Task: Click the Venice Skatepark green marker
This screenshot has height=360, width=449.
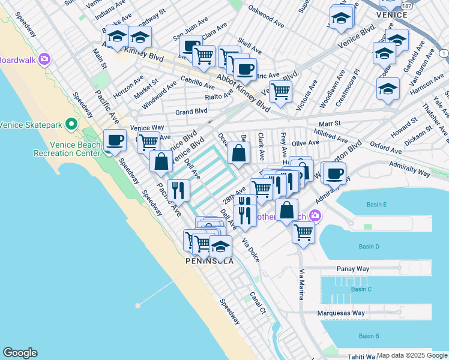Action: pyautogui.click(x=71, y=125)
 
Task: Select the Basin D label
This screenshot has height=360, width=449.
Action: pyautogui.click(x=369, y=247)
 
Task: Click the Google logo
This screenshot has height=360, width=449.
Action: pyautogui.click(x=20, y=353)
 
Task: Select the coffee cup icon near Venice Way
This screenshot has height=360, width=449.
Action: pyautogui.click(x=115, y=141)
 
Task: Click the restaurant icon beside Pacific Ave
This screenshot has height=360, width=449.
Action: pyautogui.click(x=179, y=191)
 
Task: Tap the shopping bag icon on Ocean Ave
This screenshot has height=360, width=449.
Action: pyautogui.click(x=239, y=152)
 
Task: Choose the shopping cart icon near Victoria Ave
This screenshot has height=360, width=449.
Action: pyautogui.click(x=280, y=92)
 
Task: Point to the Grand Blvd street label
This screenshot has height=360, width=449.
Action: pyautogui.click(x=191, y=112)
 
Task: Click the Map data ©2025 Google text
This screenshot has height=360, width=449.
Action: pyautogui.click(x=411, y=355)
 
